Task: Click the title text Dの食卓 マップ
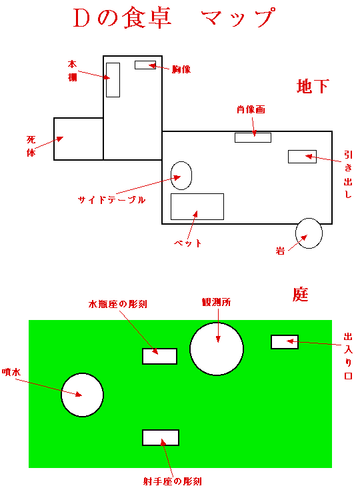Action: pos(175,18)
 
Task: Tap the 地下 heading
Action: pos(313,86)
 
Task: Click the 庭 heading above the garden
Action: pos(300,295)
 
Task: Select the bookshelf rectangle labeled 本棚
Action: pos(113,80)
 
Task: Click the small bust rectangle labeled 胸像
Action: pos(145,65)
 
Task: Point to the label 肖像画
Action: pos(251,109)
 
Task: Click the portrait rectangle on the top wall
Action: pos(253,137)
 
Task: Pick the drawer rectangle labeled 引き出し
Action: pos(302,157)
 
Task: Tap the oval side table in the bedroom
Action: pos(181,175)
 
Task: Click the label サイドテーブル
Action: pos(111,200)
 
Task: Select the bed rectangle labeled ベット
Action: pos(197,207)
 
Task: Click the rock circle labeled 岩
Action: pos(309,233)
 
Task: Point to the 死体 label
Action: pos(31,146)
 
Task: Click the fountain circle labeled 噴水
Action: pos(82,395)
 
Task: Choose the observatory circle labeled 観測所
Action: pos(217,349)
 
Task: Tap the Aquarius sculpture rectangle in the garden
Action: pos(160,356)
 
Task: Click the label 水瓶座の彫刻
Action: pos(118,304)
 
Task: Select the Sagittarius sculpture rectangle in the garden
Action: pos(161,437)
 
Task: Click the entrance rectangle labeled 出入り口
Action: pos(285,342)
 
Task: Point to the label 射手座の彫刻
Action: pos(173,481)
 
